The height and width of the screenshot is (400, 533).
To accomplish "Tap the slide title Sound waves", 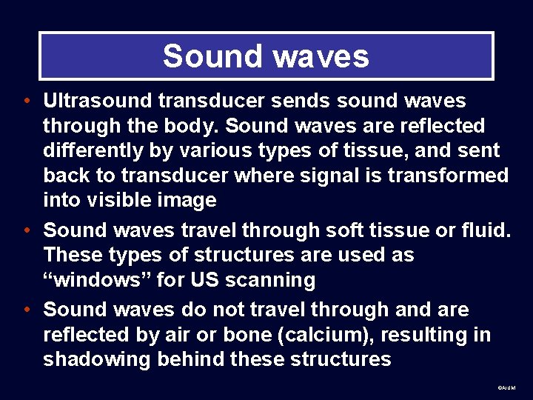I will [266, 56].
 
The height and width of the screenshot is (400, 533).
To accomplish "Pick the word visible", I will [116, 200].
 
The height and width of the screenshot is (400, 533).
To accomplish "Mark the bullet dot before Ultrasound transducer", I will [27, 101].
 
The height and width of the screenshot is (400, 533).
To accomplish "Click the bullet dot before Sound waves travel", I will [27, 231].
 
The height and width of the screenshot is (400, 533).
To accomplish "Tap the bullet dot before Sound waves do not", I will [27, 310].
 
